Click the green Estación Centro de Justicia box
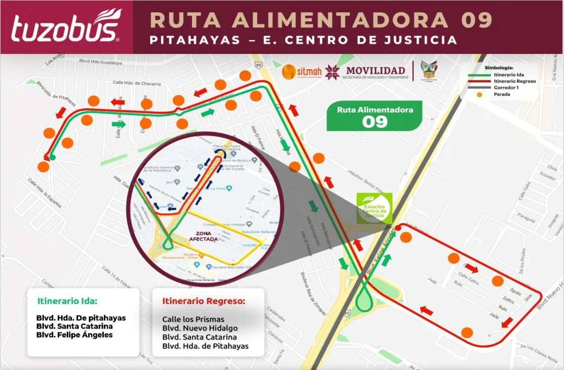click(x=375, y=208)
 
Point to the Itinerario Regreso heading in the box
click(x=204, y=301)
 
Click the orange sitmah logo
click(x=302, y=72)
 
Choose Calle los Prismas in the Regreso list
click(x=193, y=319)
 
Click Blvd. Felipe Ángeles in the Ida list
click(x=74, y=335)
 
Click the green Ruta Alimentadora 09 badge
click(x=375, y=116)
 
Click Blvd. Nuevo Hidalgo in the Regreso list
click(x=200, y=328)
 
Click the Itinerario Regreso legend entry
click(x=515, y=81)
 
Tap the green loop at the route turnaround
click(x=364, y=299)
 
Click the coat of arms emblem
click(x=428, y=71)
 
